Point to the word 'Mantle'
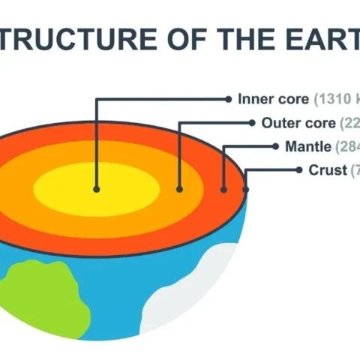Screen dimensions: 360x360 [307, 146]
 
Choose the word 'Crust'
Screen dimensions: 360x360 [328, 170]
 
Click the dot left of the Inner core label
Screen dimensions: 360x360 [229, 98]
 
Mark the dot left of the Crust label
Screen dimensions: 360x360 [301, 170]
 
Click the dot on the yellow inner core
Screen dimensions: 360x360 [96, 189]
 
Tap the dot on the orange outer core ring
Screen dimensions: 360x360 [179, 189]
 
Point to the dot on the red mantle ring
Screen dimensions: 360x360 [223, 189]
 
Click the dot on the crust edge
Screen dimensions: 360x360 [246, 189]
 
